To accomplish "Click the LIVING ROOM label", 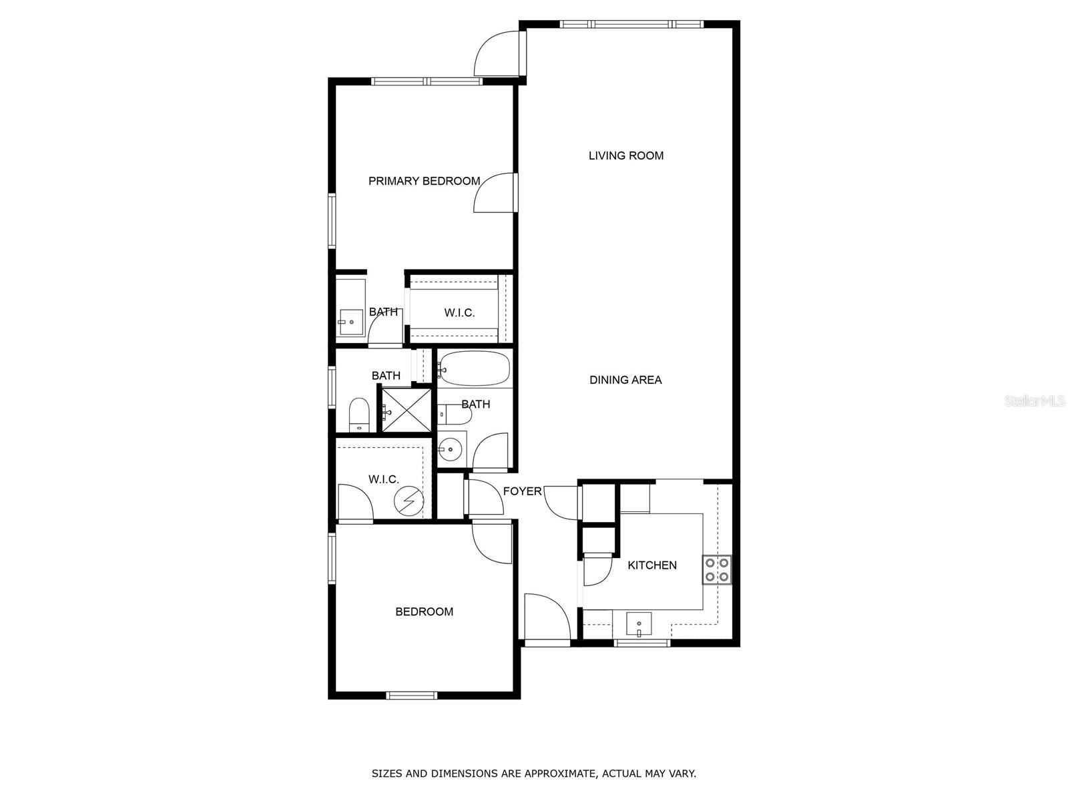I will click(x=625, y=156).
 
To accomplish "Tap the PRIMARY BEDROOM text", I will click(x=424, y=181).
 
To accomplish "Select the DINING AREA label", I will click(x=625, y=380).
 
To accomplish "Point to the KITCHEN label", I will click(x=652, y=565).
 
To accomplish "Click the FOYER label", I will click(x=522, y=491).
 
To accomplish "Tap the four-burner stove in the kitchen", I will click(x=717, y=569).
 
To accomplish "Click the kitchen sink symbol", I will click(x=639, y=625).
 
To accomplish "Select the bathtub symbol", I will click(x=475, y=368).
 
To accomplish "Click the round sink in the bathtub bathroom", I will click(x=452, y=449).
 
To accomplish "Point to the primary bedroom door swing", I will click(x=495, y=194).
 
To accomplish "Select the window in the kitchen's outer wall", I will click(x=641, y=643).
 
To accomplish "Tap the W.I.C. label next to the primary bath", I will click(x=459, y=312).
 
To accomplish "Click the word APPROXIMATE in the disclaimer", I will click(x=558, y=774).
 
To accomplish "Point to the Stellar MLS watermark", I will click(x=1035, y=400).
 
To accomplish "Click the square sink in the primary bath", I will click(x=349, y=323).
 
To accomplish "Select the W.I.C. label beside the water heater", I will click(x=384, y=479).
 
